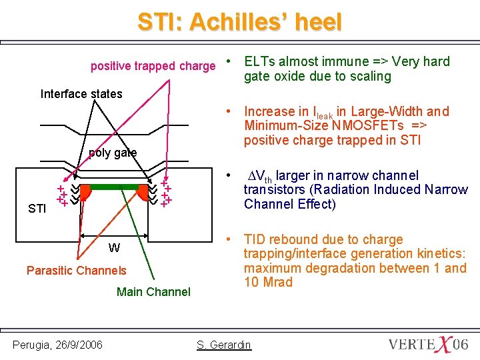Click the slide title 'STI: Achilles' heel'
[x=239, y=22]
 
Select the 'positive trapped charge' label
[x=153, y=66]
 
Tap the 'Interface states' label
[x=81, y=93]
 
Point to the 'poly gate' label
[x=113, y=153]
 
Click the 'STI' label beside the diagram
[x=37, y=209]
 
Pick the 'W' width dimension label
[x=114, y=248]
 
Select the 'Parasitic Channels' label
[x=76, y=270]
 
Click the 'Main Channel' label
[x=153, y=291]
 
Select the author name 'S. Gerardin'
[x=224, y=344]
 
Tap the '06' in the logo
[x=460, y=344]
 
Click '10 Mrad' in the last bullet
[x=268, y=282]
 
